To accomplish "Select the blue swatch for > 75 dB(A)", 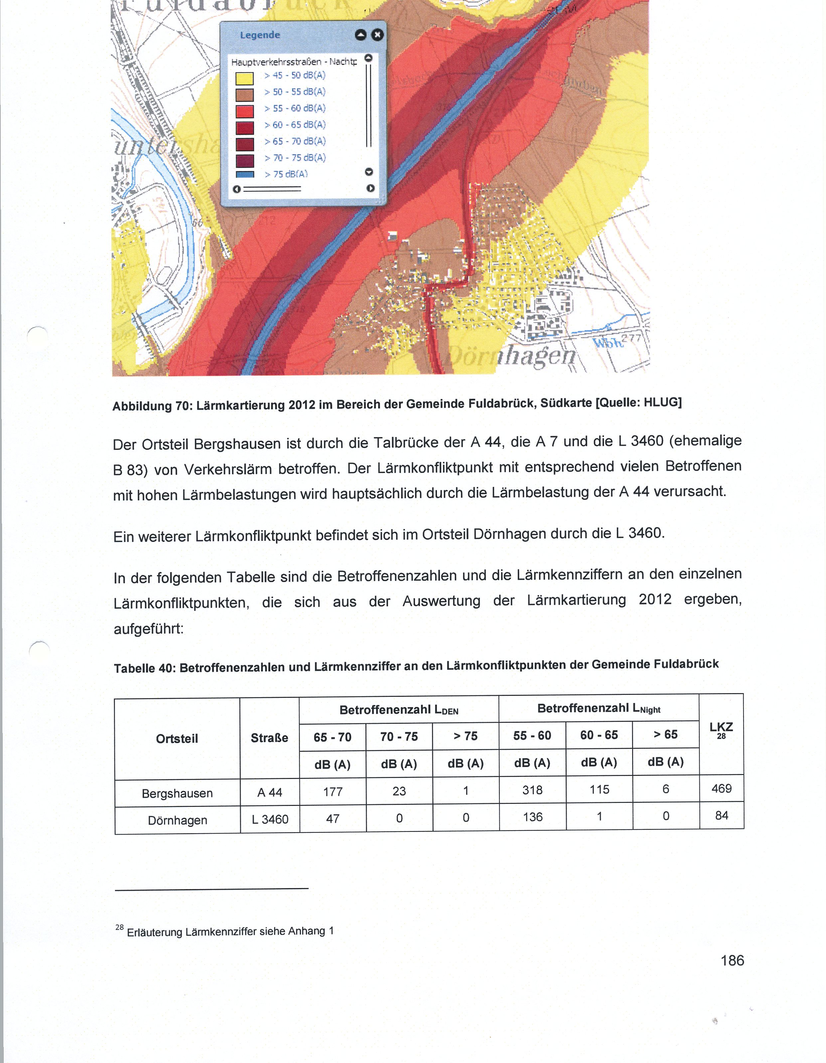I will tap(244, 174).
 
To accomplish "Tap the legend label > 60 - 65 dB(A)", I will tap(295, 125).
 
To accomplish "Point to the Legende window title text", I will tap(260, 35).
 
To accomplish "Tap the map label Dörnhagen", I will tap(511, 356).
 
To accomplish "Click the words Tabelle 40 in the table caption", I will tap(145, 668).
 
